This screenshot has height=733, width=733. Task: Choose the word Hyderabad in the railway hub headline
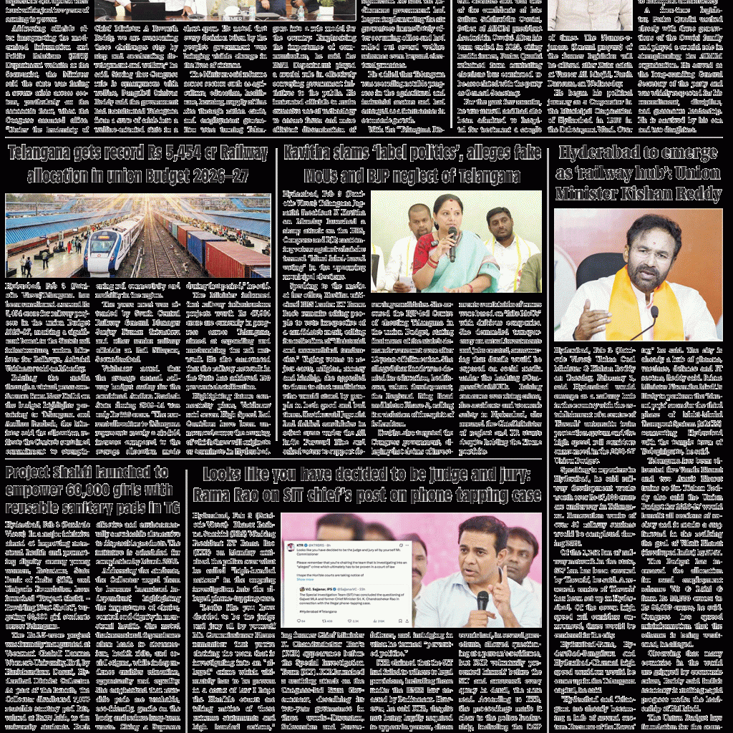point(606,152)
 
